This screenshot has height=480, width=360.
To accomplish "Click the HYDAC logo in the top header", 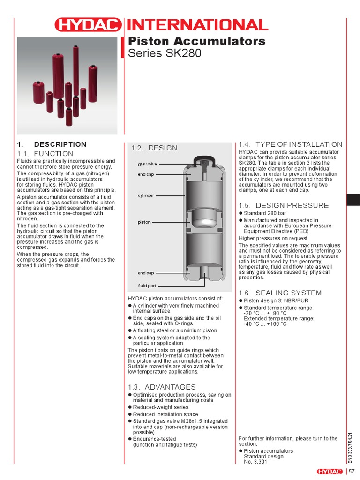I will (x=88, y=25).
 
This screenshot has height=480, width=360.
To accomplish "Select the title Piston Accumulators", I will (x=197, y=41).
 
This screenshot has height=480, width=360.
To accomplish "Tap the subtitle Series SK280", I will (x=165, y=53).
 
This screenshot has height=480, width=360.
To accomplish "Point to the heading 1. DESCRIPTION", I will (x=52, y=144).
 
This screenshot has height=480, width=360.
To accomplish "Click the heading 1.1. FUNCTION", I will (x=45, y=154).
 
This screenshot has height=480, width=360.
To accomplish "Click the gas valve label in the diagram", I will (x=147, y=165).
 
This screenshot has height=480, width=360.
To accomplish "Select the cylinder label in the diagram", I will (x=146, y=195).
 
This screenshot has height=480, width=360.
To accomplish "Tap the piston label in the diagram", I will (x=144, y=222).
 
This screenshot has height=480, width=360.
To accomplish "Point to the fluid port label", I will (x=147, y=285).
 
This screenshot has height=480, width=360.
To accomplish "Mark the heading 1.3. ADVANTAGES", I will (x=162, y=387).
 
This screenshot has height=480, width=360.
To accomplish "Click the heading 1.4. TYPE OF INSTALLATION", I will (x=291, y=144).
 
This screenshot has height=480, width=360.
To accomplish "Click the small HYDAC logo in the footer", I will (x=330, y=471).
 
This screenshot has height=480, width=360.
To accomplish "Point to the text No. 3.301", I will (x=255, y=462).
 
